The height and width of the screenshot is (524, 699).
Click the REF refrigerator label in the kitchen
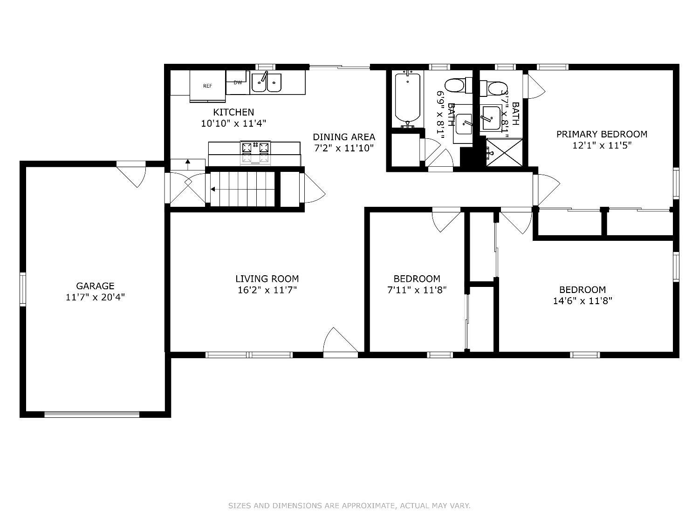[x=207, y=86]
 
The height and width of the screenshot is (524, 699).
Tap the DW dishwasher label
[x=238, y=82]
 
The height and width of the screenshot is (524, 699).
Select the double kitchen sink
[x=267, y=83]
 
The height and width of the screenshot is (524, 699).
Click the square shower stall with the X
[x=504, y=152]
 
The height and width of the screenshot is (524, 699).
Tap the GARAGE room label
[x=95, y=286]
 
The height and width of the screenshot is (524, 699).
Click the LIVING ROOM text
[x=267, y=279]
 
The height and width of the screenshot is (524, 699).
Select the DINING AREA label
[x=344, y=137]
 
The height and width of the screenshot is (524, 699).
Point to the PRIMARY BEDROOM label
[x=602, y=134]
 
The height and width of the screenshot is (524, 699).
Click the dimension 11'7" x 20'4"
[x=95, y=297]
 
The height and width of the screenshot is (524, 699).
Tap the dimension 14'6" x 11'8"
[x=582, y=300]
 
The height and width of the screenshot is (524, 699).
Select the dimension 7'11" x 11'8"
[x=417, y=290]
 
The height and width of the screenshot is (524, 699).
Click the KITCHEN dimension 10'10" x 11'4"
[x=233, y=123]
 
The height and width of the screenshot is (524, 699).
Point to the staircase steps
[x=242, y=189]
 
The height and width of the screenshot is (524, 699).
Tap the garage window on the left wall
[x=23, y=289]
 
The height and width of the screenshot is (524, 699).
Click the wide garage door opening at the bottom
[x=92, y=414]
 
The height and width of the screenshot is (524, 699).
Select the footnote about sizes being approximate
[x=349, y=505]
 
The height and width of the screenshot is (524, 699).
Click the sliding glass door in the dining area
[x=339, y=67]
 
